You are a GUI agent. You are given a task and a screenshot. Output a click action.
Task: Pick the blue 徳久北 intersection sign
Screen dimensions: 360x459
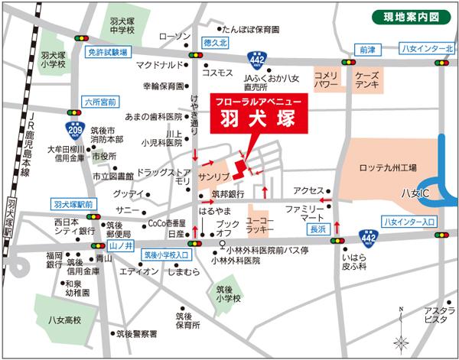[220, 44]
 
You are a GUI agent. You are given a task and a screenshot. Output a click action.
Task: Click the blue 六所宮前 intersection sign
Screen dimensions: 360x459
[99, 99]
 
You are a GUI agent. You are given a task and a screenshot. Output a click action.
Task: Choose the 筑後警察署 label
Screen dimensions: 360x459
[136, 334]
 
